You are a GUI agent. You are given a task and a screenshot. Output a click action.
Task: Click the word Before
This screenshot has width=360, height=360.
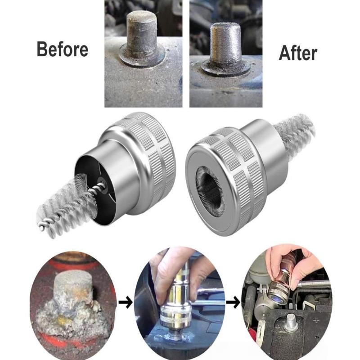coord(63,49)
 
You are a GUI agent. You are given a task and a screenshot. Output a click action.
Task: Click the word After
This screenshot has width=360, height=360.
coord(298,53)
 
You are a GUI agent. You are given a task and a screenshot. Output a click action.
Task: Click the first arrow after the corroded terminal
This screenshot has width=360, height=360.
coord(126,302)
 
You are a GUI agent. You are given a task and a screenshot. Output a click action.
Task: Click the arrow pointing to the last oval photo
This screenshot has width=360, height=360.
coord(233,303)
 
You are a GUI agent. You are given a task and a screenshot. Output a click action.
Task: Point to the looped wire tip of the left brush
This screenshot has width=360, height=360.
coord(42,227)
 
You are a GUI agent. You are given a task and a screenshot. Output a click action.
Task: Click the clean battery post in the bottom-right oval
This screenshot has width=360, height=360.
coord(292,321)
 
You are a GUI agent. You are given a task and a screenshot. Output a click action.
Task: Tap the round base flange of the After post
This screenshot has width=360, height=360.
coord(225,68)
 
